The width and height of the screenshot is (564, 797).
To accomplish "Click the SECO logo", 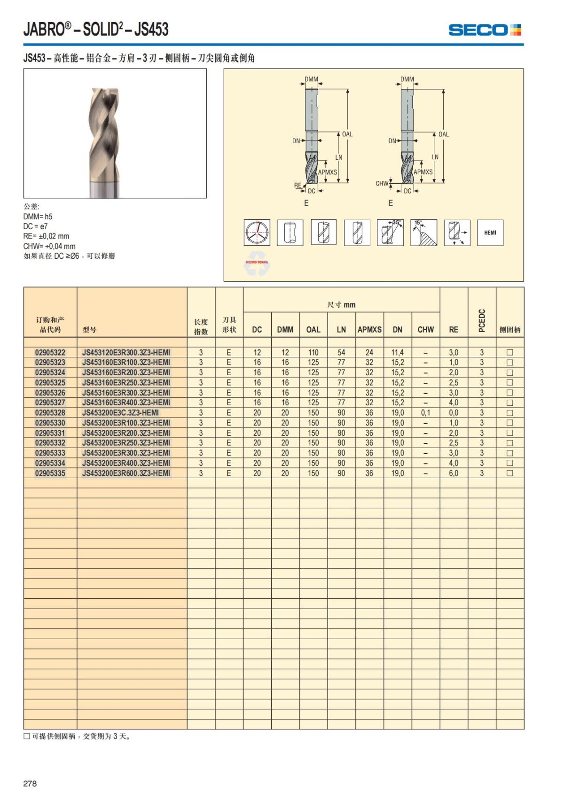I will click(485, 30).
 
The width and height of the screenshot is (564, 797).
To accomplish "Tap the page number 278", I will click(30, 783).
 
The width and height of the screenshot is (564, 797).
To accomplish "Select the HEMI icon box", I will click(490, 232).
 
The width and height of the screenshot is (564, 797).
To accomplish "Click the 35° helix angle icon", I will click(390, 232).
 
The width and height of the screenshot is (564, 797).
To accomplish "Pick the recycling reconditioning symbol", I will click(257, 266).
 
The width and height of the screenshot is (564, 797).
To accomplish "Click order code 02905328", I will click(50, 413).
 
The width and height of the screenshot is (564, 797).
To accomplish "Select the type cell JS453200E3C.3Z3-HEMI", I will click(120, 413).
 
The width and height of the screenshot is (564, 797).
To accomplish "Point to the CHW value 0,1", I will click(425, 413).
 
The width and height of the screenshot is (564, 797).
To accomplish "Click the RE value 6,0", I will click(453, 473).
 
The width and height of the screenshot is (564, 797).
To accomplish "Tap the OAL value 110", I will click(313, 352).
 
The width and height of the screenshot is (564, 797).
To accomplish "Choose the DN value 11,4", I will click(397, 352).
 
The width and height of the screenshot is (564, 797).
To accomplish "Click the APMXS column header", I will click(369, 330).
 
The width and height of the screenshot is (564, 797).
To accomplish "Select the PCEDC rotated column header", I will click(481, 320).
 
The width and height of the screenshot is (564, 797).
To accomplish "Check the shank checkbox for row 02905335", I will click(509, 473).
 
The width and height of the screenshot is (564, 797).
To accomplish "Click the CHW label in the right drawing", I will click(382, 184).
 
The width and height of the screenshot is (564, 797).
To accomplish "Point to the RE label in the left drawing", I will click(298, 186).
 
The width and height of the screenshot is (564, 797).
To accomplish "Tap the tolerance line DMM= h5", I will click(38, 217).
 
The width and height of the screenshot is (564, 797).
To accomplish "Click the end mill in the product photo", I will click(104, 141).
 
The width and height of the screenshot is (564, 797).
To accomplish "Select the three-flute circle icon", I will click(257, 232).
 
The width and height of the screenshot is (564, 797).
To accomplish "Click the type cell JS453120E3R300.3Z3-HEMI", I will click(126, 352).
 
